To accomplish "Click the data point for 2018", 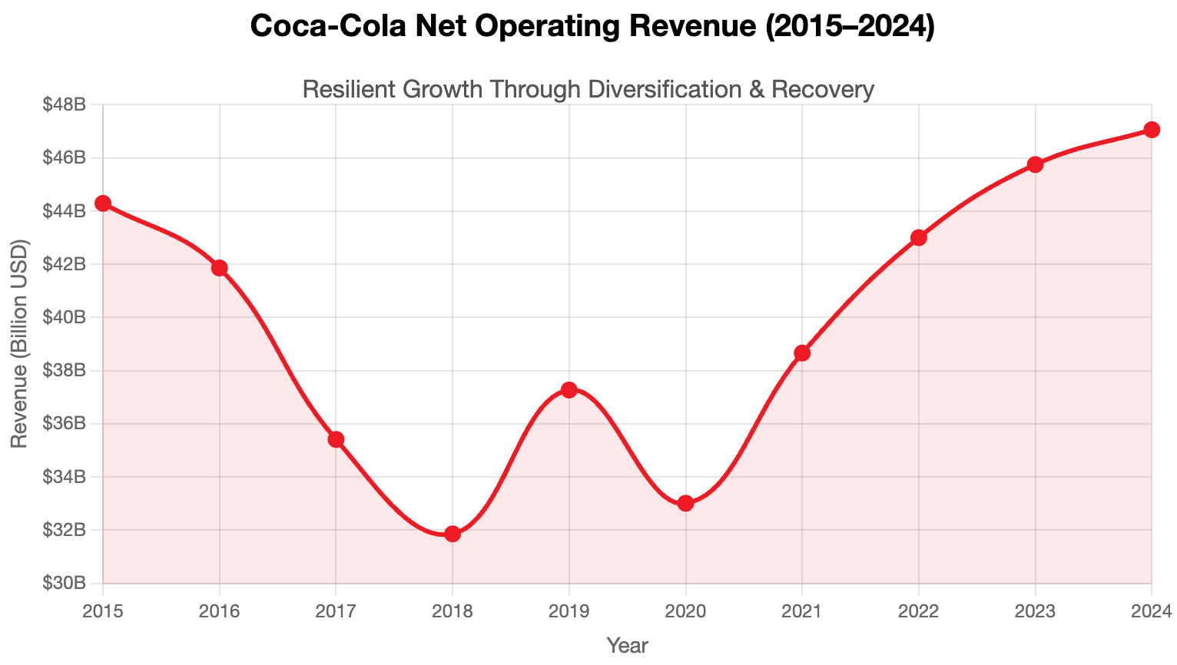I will tap(453, 534).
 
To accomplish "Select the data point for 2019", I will tap(569, 390).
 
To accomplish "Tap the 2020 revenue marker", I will tap(686, 504).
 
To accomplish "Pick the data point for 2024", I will tap(1152, 130).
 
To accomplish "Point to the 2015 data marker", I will tap(103, 203).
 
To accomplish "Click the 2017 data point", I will tap(336, 439).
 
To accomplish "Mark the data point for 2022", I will tap(919, 237).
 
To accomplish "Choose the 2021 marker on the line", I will tap(802, 353).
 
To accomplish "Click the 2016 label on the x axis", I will tap(220, 611).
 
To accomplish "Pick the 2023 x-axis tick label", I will tap(1035, 611).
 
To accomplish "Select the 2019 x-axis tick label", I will tap(569, 611).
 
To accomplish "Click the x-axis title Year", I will tap(627, 646).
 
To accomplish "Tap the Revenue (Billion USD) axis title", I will tap(19, 344).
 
